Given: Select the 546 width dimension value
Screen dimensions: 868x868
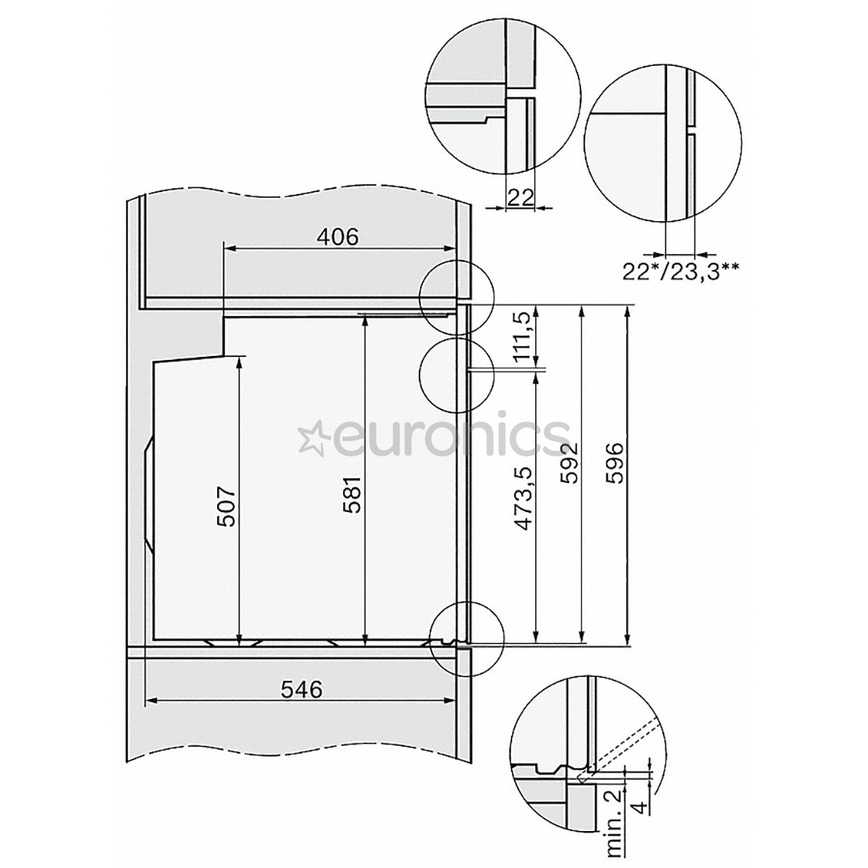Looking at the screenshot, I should click(x=301, y=689).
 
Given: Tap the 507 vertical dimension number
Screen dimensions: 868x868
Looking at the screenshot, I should click(x=227, y=506).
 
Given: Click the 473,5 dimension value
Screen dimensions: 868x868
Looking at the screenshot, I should click(x=524, y=499).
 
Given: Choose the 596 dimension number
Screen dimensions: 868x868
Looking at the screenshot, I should click(x=615, y=462).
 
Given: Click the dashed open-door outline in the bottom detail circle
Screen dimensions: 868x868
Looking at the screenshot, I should click(x=623, y=746).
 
